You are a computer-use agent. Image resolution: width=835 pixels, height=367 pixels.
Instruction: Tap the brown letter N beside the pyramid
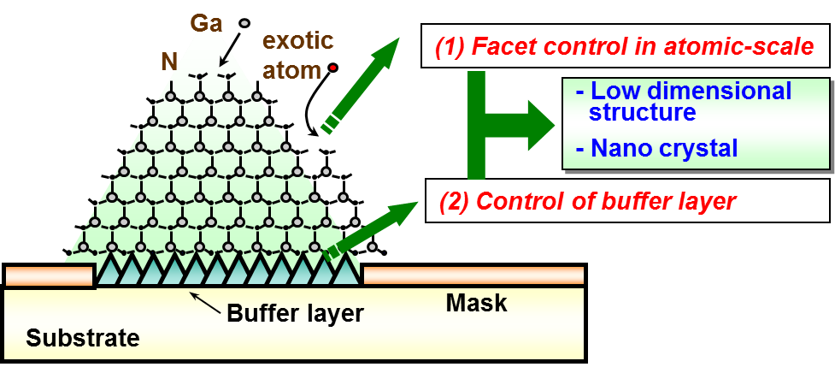click(x=168, y=60)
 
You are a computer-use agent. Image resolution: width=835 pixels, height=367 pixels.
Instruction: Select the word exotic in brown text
click(x=297, y=40)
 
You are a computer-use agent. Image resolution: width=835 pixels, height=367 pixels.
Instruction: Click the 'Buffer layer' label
click(x=295, y=313)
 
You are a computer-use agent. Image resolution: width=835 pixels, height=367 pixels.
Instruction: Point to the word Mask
click(x=477, y=303)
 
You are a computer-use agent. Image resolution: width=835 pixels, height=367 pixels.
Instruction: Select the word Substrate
click(x=82, y=338)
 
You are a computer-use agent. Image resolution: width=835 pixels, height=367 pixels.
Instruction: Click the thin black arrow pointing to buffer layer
click(x=204, y=299)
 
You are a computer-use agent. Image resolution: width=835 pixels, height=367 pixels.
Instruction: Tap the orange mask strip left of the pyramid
click(x=49, y=276)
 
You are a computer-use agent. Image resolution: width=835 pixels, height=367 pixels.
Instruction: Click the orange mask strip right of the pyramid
click(x=473, y=275)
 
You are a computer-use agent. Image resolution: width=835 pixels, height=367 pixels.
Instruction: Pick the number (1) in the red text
click(x=450, y=48)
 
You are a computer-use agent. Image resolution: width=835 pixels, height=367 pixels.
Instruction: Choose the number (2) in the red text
click(x=455, y=202)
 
